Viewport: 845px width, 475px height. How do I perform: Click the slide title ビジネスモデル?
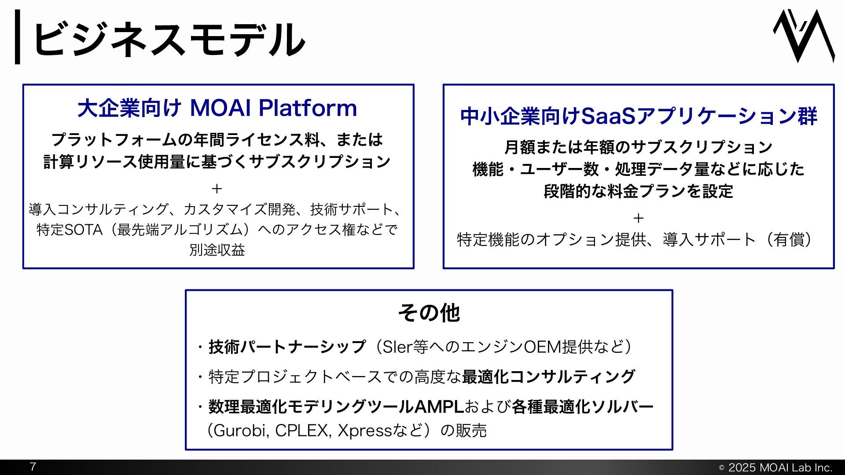[x=169, y=39]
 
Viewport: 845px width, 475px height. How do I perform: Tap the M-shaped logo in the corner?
[x=804, y=36]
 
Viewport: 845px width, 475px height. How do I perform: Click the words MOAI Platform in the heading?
[x=273, y=108]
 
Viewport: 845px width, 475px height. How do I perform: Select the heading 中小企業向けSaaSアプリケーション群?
[x=639, y=116]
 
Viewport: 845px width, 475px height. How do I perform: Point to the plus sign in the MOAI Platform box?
[x=217, y=189]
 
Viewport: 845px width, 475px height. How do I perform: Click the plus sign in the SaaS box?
[x=638, y=218]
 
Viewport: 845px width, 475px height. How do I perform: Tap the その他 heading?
[x=429, y=313]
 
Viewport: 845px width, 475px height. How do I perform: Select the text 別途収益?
[x=217, y=250]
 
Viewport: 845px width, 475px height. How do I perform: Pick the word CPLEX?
[x=302, y=430]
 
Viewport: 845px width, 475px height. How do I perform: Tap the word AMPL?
[x=439, y=407]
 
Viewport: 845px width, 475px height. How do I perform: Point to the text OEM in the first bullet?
[x=536, y=347]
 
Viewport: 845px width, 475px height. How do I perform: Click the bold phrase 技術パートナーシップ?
[x=287, y=347]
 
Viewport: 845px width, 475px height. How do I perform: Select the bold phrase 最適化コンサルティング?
[x=548, y=376]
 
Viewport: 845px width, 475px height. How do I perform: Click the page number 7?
[x=33, y=467]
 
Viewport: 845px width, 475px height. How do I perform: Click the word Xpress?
[x=364, y=430]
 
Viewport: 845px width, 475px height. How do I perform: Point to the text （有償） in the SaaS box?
[x=788, y=240]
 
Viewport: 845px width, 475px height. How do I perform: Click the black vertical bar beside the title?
[x=18, y=37]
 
